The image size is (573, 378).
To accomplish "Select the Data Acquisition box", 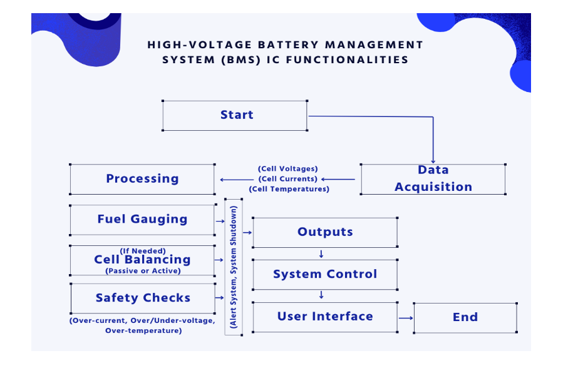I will [433, 178].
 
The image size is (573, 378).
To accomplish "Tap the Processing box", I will [142, 179].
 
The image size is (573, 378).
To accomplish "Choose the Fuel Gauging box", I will [142, 219].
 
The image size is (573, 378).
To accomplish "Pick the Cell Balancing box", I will [142, 260].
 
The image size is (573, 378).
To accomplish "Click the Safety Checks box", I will [143, 298].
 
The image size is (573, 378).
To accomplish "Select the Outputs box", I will [324, 232].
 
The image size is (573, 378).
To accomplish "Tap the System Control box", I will [324, 274].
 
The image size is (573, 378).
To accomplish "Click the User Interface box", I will [324, 317].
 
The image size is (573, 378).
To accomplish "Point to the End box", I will [465, 317].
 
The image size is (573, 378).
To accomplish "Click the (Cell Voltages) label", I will [288, 169].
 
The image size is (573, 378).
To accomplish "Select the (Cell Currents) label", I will [288, 179].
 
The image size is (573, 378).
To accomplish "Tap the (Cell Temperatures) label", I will [289, 189].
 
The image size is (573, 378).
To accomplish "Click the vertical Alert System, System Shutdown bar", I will [233, 267].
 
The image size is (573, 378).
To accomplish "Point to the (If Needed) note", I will [143, 250].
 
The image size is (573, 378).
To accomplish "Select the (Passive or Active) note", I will [143, 271].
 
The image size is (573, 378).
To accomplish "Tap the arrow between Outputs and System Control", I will [321, 254].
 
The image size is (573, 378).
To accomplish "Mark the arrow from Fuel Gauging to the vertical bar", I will [220, 221].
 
